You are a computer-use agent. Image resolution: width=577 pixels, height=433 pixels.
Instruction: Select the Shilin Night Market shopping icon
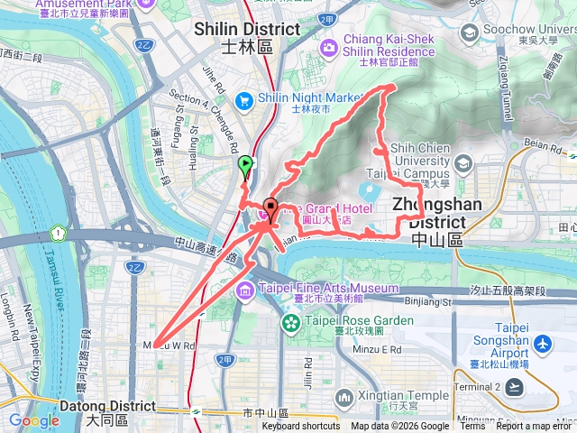point(243,100)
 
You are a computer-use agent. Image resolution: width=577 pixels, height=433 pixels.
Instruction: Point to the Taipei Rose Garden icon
point(292,322)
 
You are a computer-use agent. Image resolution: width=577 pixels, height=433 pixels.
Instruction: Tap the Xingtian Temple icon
point(343,397)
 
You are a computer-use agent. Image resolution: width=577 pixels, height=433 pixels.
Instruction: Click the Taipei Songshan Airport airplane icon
point(542,344)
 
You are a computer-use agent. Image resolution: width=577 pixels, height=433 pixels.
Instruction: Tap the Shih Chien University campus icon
point(463,163)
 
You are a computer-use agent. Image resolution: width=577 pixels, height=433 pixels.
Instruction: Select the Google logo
point(34,420)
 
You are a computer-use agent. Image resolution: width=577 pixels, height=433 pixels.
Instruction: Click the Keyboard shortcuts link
point(301,427)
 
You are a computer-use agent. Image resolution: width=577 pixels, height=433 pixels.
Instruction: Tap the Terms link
point(472,427)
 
